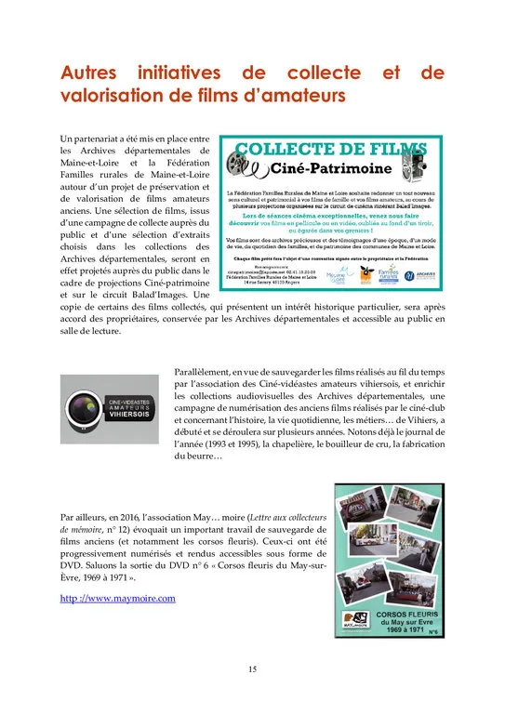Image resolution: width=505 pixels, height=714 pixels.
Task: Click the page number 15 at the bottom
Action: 252,668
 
